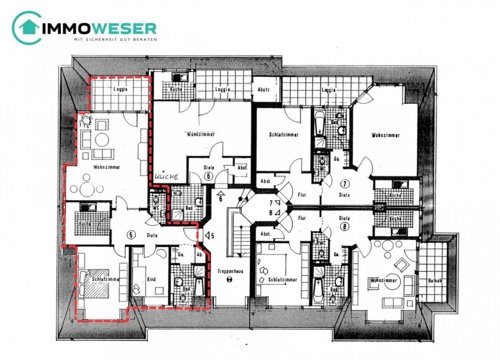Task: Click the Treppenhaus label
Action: pyautogui.click(x=229, y=269)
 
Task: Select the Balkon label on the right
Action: pyautogui.click(x=434, y=281)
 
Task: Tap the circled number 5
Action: pyautogui.click(x=130, y=235)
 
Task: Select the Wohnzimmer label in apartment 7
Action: pyautogui.click(x=386, y=135)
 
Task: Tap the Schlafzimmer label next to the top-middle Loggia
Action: pyautogui.click(x=283, y=135)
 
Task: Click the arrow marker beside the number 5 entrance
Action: pyautogui.click(x=207, y=235)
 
